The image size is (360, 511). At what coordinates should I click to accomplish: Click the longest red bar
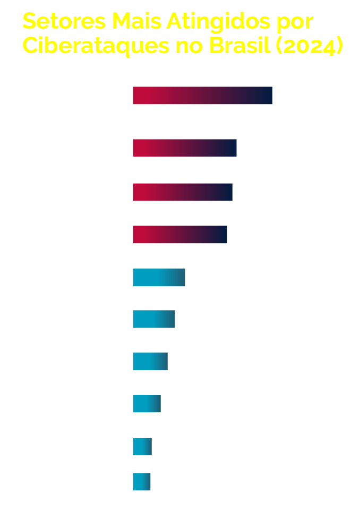(x=202, y=96)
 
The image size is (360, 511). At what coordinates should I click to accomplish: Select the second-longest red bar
(x=185, y=148)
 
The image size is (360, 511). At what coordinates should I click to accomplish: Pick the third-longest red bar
(x=183, y=192)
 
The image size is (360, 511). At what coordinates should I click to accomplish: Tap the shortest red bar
(x=180, y=235)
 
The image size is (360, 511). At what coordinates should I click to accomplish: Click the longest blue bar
(x=159, y=278)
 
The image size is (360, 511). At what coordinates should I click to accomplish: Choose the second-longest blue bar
(x=154, y=319)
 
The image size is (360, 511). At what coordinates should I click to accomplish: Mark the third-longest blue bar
(x=150, y=361)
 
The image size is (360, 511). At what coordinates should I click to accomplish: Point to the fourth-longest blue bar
(x=147, y=404)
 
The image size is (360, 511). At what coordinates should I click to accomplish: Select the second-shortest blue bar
(x=142, y=446)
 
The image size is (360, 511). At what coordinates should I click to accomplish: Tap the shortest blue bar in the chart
(x=142, y=482)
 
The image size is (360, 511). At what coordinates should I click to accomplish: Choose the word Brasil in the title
(x=240, y=46)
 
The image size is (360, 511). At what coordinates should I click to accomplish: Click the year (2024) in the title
(x=309, y=47)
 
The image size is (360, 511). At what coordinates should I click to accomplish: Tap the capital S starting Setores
(x=30, y=22)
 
